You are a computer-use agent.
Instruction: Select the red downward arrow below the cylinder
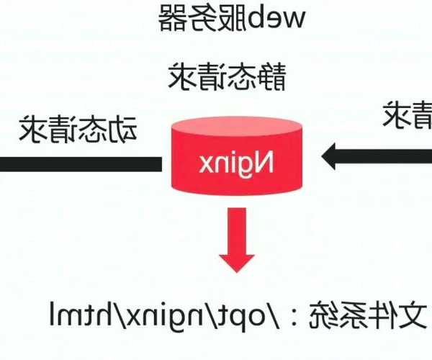click(236, 238)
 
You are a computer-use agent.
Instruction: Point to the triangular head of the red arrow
click(236, 258)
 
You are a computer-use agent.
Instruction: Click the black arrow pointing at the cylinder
click(374, 156)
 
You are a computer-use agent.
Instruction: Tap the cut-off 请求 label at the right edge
click(408, 115)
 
